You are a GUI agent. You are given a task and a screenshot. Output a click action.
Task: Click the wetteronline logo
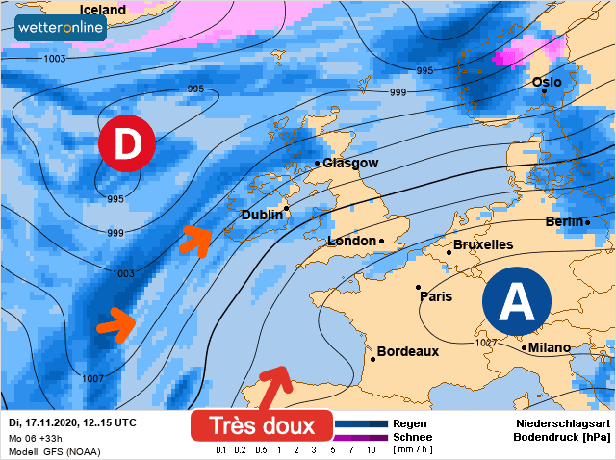[61, 29]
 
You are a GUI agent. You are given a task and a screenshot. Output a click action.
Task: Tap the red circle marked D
[126, 144]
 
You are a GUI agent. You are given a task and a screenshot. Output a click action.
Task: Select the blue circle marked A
[517, 301]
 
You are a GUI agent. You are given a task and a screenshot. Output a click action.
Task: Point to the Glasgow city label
[350, 164]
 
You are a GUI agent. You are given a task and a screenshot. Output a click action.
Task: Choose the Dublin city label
[261, 215]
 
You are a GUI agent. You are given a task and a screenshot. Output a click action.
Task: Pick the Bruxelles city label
[482, 245]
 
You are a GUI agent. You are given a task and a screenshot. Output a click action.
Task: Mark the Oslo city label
[547, 83]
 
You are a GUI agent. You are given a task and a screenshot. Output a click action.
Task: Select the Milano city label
[550, 347]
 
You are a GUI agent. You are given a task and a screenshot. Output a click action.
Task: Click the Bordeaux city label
[408, 352]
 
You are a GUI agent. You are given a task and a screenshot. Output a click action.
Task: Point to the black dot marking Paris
[418, 287]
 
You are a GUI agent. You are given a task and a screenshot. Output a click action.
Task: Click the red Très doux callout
[261, 425]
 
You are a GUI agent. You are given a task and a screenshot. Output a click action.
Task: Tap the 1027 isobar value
[487, 344]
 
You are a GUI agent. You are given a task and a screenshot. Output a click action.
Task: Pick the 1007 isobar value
[92, 378]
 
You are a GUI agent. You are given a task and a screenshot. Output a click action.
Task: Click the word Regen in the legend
[410, 423]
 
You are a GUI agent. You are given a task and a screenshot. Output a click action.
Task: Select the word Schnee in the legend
[413, 436]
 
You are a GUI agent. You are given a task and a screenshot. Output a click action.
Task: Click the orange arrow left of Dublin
[195, 240]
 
